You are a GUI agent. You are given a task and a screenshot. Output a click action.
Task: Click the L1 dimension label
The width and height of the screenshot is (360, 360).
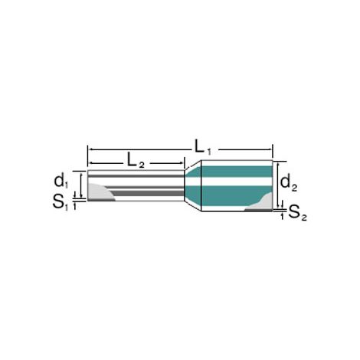point(203,147)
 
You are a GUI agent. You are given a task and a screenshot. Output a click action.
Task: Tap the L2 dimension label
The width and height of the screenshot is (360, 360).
point(136,161)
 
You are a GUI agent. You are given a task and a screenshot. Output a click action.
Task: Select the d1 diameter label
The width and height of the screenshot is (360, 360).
point(61,182)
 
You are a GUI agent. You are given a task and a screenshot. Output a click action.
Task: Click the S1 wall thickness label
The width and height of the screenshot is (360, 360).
point(61,203)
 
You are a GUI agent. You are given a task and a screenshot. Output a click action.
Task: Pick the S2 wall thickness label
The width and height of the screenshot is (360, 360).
point(298,213)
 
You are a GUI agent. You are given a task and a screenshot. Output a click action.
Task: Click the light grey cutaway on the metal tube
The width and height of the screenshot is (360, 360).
point(100,192)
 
